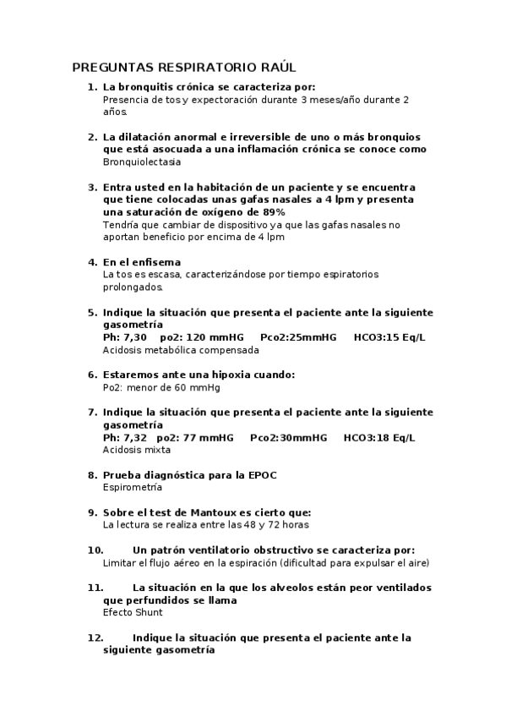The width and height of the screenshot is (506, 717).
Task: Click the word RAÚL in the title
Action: [277, 67]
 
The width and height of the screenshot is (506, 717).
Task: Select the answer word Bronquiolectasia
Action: [141, 161]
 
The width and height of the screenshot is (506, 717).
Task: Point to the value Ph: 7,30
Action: [123, 337]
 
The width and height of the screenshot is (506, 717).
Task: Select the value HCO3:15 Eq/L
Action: [389, 337]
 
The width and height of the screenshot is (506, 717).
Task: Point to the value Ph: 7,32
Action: [124, 437]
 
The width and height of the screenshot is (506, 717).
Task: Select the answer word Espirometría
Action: [133, 487]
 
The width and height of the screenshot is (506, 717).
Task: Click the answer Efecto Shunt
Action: [133, 612]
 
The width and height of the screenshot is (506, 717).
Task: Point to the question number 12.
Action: [95, 638]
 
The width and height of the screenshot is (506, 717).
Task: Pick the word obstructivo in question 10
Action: [285, 550]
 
